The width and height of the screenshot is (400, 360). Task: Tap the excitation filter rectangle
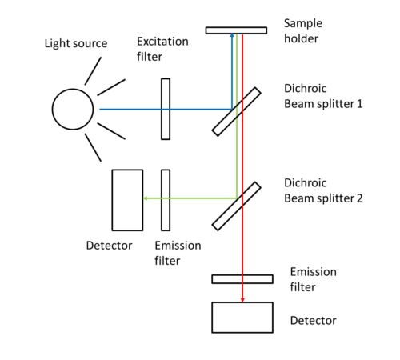[x=166, y=108]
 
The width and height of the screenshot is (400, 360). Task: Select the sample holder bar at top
[x=236, y=30]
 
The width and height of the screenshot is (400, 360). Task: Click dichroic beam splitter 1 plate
[x=236, y=110]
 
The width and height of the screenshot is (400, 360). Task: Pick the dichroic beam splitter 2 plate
[x=236, y=206]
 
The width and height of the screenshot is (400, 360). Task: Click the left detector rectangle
[x=127, y=199]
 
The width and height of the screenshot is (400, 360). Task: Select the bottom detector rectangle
[x=242, y=317]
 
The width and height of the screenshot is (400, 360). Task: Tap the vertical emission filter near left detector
[x=166, y=199]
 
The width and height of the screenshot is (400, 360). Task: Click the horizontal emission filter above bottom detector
[x=242, y=278]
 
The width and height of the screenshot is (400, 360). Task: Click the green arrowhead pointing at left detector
[x=146, y=199]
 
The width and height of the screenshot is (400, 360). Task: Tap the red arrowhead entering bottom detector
[x=242, y=300]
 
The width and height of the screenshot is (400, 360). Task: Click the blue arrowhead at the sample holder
[x=232, y=38]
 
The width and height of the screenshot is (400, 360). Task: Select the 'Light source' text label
[x=75, y=42]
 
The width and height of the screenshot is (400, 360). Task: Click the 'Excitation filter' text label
[x=163, y=48]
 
